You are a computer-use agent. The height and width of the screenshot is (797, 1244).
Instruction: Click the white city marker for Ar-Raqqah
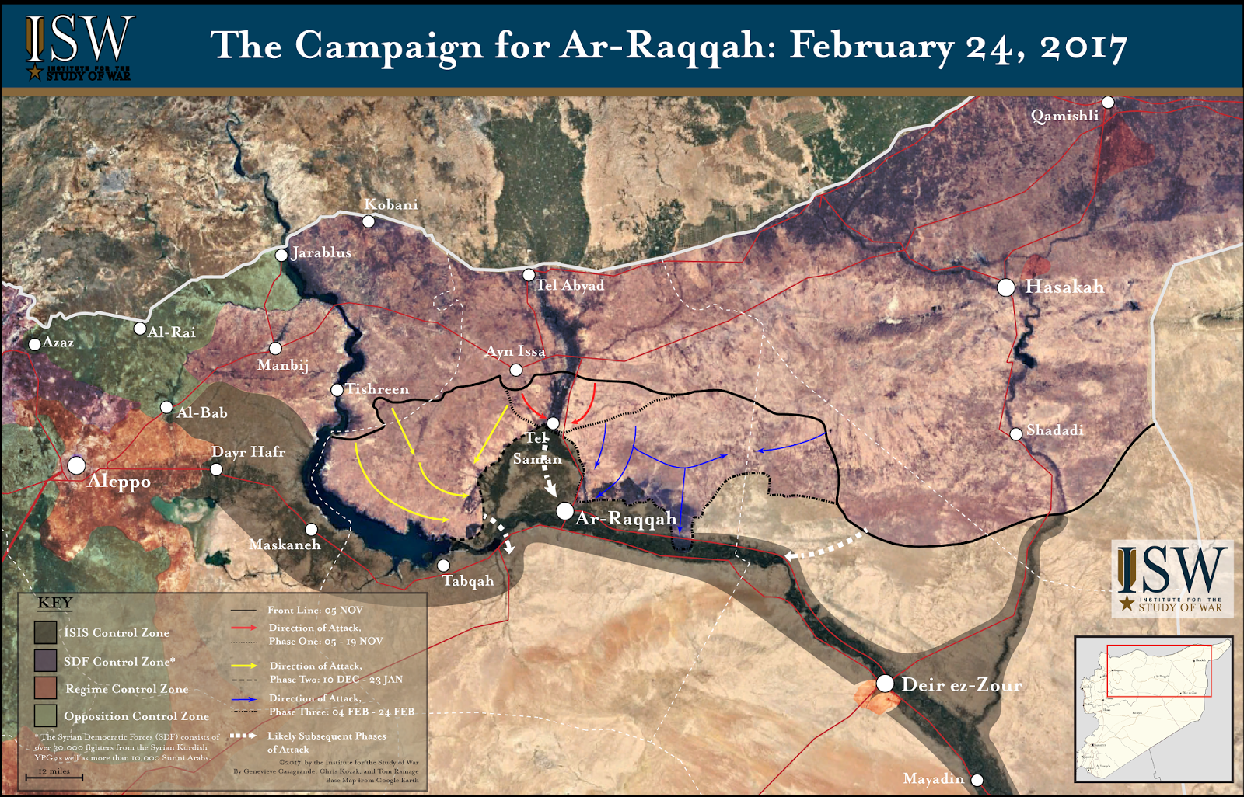click(565, 511)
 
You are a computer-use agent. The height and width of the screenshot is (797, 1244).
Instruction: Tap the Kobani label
click(390, 204)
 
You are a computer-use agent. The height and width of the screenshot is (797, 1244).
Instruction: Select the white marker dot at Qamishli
click(1108, 103)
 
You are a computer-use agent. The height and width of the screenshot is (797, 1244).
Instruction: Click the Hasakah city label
click(1064, 287)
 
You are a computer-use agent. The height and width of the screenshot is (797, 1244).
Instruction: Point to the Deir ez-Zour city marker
click(885, 684)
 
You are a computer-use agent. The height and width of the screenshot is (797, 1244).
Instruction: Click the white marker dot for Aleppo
click(76, 465)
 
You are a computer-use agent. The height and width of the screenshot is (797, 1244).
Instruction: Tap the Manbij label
click(283, 365)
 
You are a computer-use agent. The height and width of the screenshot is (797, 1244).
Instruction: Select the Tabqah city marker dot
click(443, 566)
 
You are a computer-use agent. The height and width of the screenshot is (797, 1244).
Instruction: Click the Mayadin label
click(933, 778)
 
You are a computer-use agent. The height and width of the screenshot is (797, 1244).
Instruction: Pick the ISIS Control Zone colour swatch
click(45, 632)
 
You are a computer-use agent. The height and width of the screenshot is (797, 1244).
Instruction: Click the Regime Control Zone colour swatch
click(45, 687)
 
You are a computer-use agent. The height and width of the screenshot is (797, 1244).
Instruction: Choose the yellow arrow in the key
click(244, 666)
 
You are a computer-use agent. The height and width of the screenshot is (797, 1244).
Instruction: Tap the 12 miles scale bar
click(54, 776)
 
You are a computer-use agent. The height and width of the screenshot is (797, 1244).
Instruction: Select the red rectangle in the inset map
click(1158, 670)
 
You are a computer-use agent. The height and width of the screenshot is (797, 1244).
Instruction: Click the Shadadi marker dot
click(1015, 434)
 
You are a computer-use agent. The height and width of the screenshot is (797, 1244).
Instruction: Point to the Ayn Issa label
click(515, 351)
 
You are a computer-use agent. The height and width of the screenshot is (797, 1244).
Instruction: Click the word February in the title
click(871, 47)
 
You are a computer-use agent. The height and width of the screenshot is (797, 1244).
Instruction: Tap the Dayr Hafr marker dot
click(216, 469)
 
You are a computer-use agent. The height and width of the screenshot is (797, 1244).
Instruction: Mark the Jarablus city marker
click(281, 255)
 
